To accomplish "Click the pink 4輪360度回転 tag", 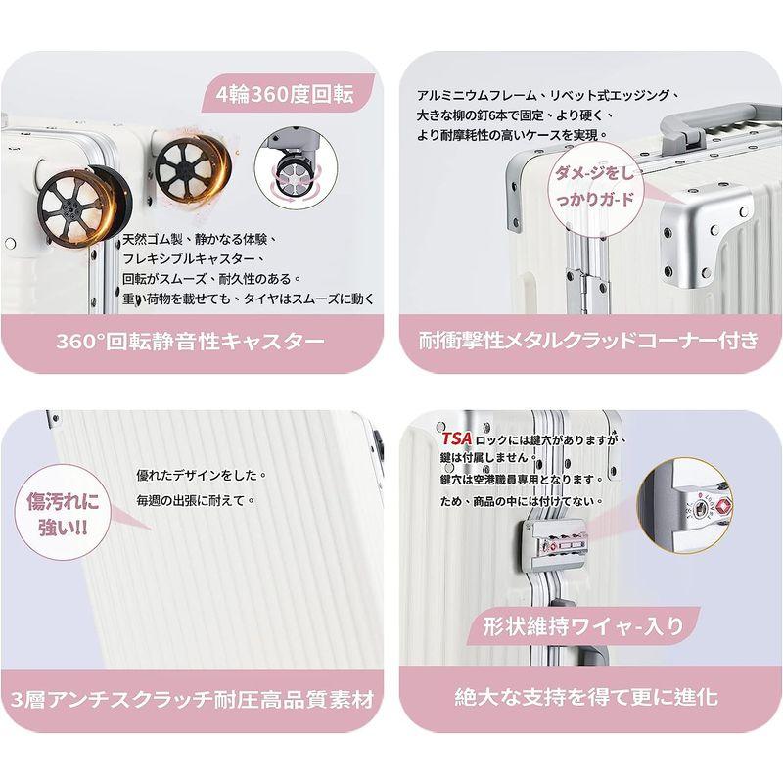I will coord(287,96).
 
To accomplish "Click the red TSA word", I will coord(455,439).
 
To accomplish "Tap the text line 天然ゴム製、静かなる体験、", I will coord(201,239).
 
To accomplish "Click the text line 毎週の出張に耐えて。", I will coord(196,499).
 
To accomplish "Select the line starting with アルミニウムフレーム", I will coord(543,94).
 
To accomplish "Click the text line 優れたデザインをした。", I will coord(202,475).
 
